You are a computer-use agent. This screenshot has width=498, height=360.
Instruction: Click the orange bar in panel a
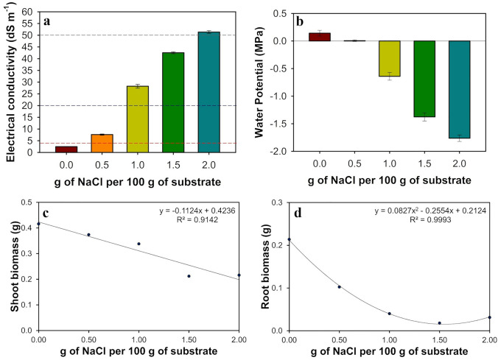tap(96, 144)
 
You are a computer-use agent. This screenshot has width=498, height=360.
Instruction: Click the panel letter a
tap(47, 21)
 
